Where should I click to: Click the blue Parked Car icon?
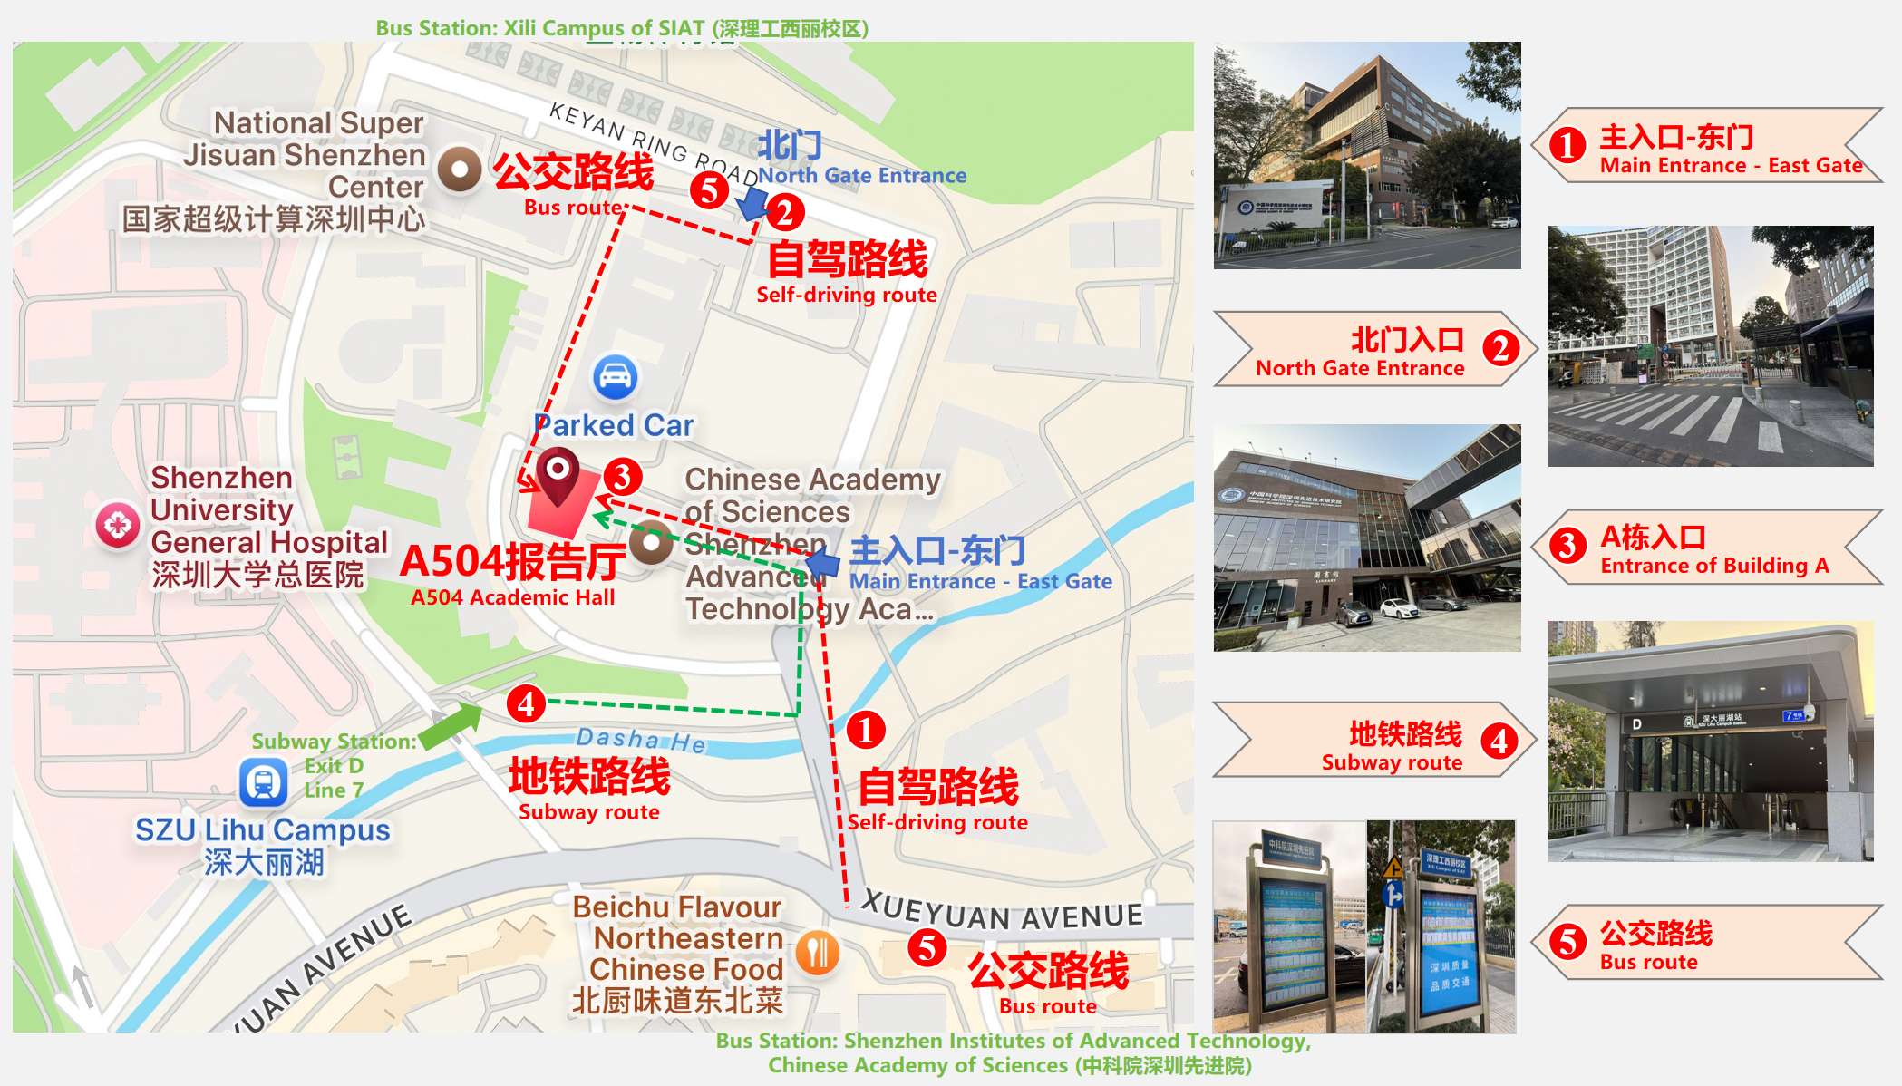point(616,377)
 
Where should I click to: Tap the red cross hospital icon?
point(118,525)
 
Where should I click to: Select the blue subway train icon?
point(264,781)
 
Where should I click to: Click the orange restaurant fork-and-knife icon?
point(818,953)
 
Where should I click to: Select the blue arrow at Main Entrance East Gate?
point(822,564)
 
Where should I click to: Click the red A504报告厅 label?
point(513,562)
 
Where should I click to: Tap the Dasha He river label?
point(641,740)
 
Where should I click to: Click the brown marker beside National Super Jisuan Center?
point(460,169)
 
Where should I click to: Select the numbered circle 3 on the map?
point(623,476)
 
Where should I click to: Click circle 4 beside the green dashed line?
point(526,704)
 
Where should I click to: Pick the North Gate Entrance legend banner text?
point(1360,368)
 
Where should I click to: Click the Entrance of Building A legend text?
point(1714,566)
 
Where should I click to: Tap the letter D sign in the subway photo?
point(1636,724)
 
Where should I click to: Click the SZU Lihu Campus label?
point(263,829)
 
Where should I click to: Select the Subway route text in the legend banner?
point(1392,762)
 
